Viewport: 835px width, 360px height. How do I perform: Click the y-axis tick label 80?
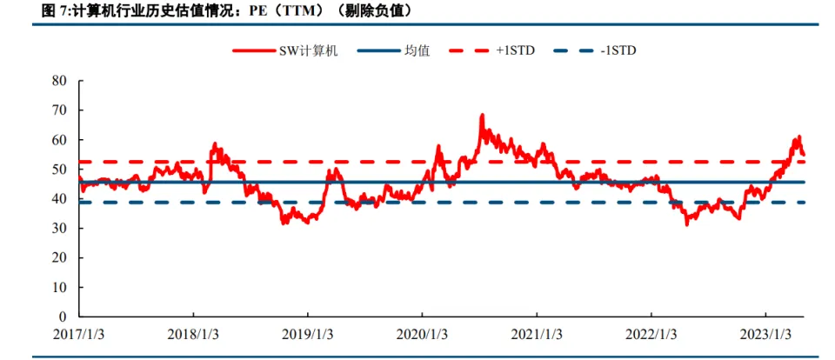click(60, 81)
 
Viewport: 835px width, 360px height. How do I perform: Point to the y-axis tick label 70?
click(60, 110)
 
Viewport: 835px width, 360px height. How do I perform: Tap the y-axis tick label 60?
click(60, 140)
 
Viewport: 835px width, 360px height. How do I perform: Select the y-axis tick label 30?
click(60, 229)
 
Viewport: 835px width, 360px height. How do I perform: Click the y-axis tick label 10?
click(60, 287)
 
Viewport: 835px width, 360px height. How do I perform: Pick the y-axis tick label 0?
click(63, 317)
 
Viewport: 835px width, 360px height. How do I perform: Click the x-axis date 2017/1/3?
click(79, 335)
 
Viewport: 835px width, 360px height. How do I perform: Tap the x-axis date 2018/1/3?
click(193, 335)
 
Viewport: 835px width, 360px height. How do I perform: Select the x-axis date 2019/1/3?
click(308, 335)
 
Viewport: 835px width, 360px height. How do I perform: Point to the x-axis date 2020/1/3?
click(422, 335)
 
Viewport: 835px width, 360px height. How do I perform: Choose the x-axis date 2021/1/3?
click(537, 335)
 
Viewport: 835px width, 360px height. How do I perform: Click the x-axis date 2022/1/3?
click(651, 335)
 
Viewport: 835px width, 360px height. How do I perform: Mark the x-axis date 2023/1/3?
click(765, 335)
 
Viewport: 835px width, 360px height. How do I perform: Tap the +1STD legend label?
click(517, 50)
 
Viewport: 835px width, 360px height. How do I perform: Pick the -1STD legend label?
click(618, 50)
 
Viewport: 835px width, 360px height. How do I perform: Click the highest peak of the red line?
click(482, 115)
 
